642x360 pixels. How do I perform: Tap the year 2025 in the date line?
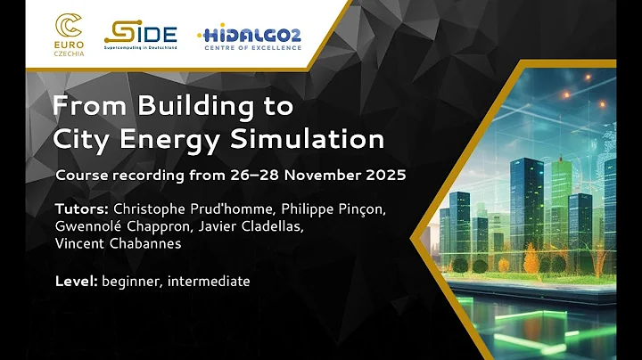click(x=384, y=175)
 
